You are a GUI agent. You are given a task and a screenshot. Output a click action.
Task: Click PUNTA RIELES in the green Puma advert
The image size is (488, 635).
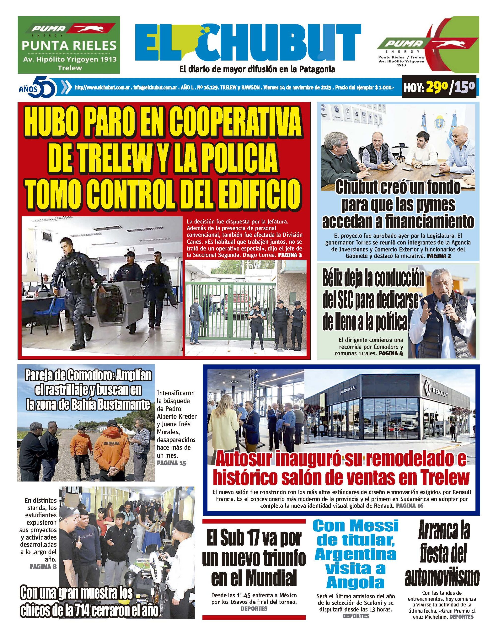pyautogui.click(x=69, y=45)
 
